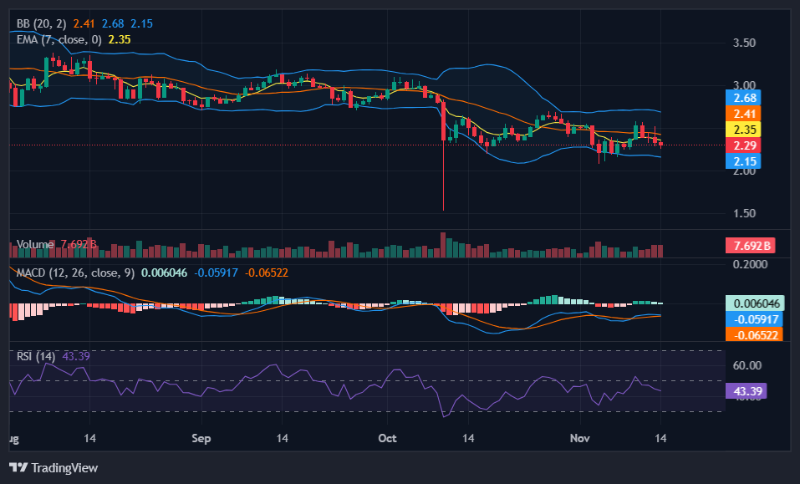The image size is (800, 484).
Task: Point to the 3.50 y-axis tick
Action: point(744,43)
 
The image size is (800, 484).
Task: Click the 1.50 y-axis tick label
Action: point(744,213)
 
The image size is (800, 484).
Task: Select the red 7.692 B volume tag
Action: point(750,246)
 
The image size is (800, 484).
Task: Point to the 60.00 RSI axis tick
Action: point(746,365)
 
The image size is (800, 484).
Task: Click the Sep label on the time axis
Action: point(201,438)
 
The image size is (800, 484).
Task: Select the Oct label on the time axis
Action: point(387,438)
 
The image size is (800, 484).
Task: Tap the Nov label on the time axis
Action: point(580,438)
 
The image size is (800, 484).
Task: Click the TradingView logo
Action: point(54,468)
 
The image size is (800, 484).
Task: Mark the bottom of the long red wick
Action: point(443,210)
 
